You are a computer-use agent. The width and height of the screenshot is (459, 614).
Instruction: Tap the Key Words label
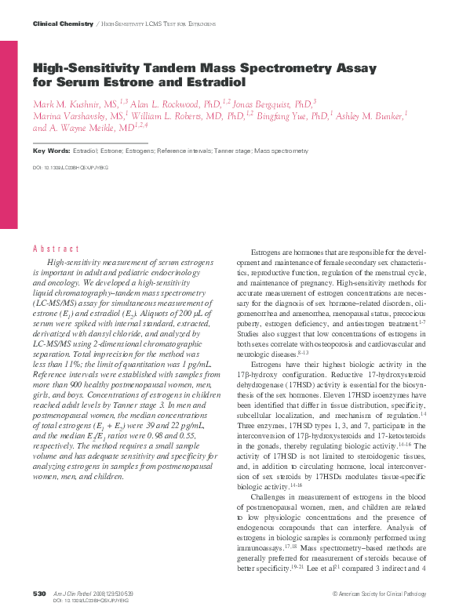[x=50, y=150]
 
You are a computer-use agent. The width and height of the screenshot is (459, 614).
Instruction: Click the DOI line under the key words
[x=71, y=167]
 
